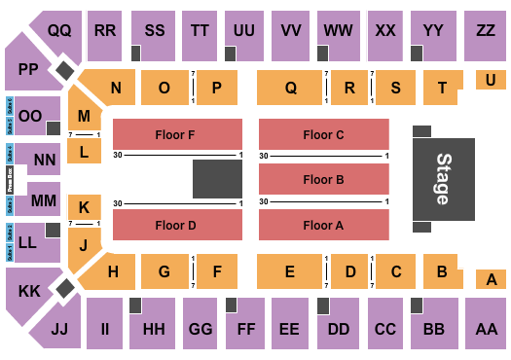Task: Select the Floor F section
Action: tap(177, 134)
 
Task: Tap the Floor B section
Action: tap(323, 179)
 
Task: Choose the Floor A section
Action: tap(323, 225)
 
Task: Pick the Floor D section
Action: tap(177, 225)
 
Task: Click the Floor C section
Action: tap(323, 134)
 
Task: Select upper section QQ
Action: tap(60, 31)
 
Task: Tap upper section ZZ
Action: tap(486, 31)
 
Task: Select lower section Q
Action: tap(290, 88)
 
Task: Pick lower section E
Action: tap(290, 272)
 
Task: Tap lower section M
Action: tap(84, 116)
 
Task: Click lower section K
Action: tap(84, 206)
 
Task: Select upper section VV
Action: tap(290, 31)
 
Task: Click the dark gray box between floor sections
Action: tap(216, 180)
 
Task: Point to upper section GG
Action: tap(200, 331)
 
